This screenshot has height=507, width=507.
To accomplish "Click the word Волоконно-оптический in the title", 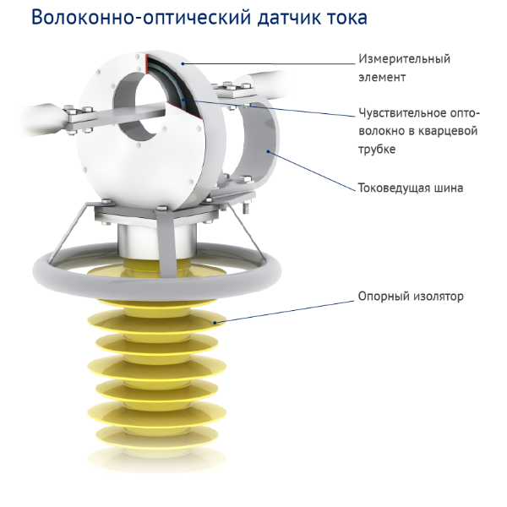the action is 141,18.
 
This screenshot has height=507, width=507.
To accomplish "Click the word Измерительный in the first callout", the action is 404,59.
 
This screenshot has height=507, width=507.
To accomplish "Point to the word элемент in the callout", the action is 382,77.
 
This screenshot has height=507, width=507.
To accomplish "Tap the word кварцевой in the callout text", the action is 448,131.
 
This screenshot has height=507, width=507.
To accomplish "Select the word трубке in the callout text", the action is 377,150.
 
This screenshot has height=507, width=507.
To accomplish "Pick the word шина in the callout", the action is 449,188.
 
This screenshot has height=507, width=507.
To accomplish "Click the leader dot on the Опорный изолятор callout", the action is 215,323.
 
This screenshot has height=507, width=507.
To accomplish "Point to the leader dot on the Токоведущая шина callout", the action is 268,151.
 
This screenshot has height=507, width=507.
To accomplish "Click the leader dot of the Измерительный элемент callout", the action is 183,63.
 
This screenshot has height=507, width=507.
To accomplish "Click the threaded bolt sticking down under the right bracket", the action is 247,207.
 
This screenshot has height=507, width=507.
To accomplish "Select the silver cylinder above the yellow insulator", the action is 157,240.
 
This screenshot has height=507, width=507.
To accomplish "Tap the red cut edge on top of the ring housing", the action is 146,63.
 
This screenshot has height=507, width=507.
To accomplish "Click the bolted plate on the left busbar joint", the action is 79,118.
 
